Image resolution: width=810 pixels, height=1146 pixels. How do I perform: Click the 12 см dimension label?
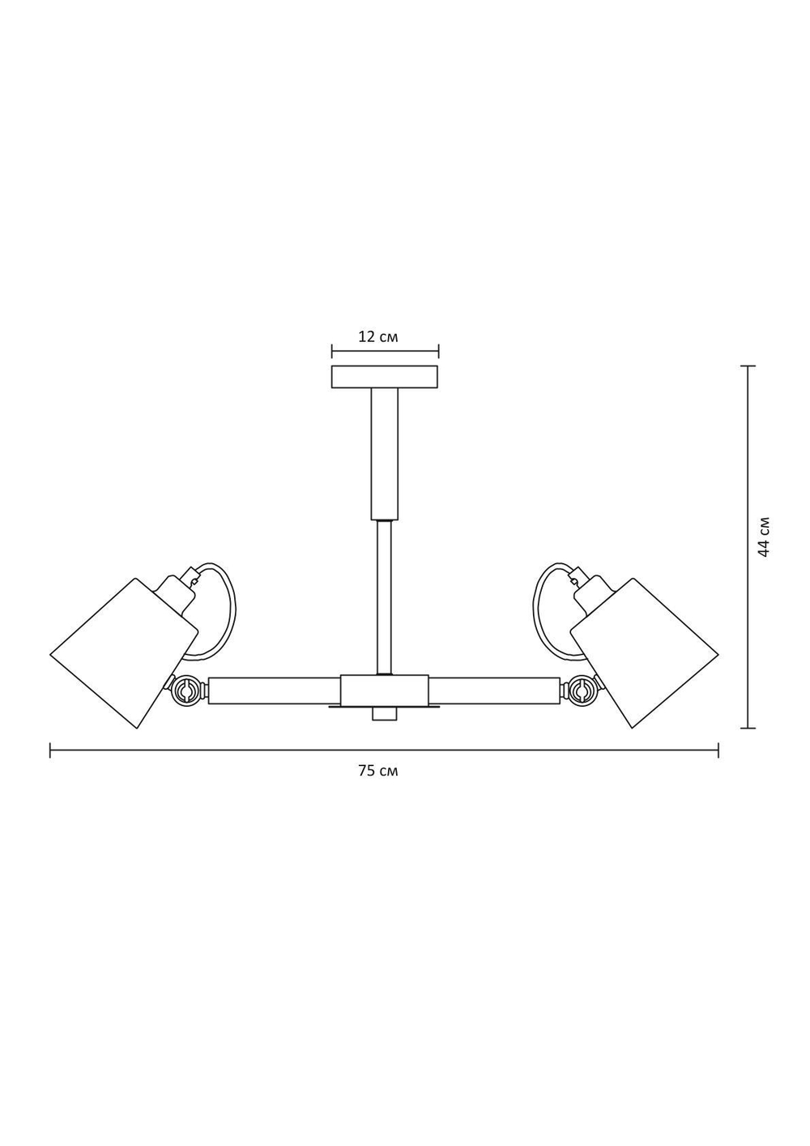(x=377, y=336)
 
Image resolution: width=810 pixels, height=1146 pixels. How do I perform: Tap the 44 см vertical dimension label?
(x=764, y=536)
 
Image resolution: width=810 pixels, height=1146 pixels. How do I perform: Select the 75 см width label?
(x=377, y=771)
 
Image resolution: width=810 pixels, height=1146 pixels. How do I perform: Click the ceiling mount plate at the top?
(x=385, y=378)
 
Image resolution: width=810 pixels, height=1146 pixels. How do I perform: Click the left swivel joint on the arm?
(x=185, y=691)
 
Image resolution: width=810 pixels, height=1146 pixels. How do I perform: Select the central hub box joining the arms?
(x=384, y=690)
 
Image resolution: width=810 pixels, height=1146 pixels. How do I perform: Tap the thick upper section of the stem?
(x=385, y=454)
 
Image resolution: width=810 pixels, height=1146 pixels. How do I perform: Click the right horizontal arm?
(x=493, y=691)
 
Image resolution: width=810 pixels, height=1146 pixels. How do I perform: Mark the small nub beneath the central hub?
(x=384, y=714)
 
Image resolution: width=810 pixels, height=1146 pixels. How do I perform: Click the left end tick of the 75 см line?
(x=50, y=750)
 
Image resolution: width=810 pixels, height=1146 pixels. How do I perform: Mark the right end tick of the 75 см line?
(x=718, y=750)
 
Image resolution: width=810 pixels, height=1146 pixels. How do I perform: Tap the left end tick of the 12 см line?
(x=332, y=352)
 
